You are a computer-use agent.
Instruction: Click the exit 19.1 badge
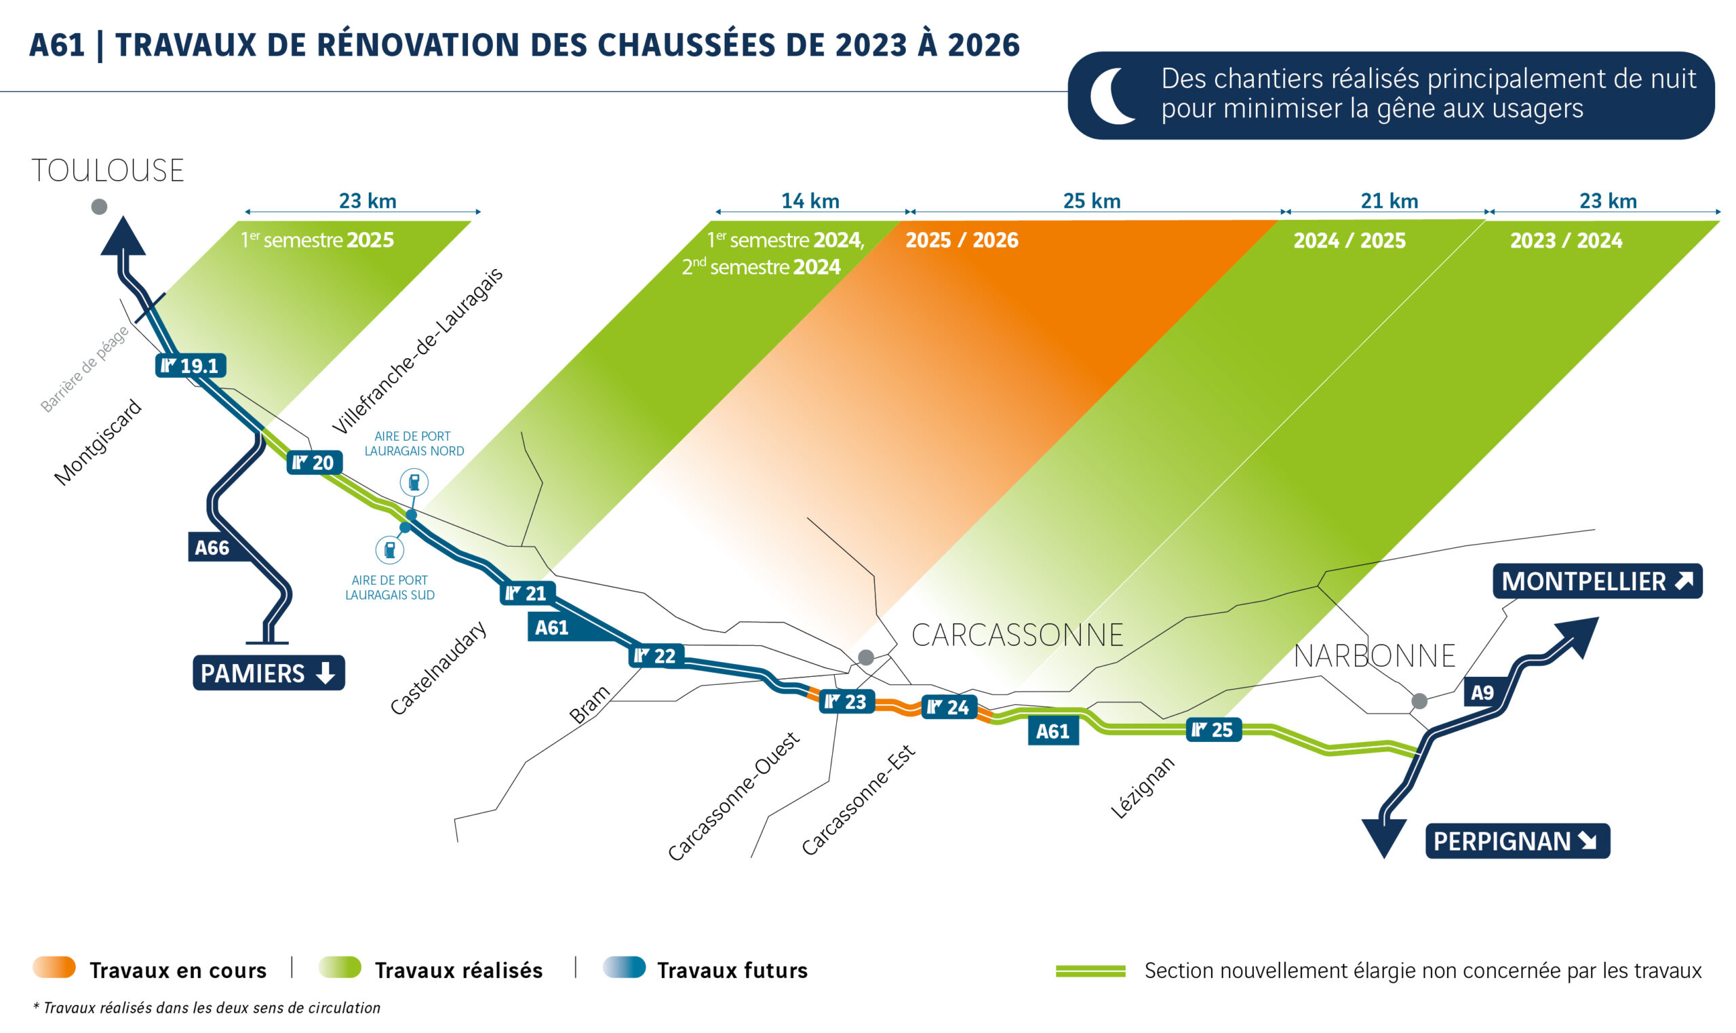pyautogui.click(x=190, y=366)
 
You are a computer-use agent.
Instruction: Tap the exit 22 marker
pyautogui.click(x=656, y=656)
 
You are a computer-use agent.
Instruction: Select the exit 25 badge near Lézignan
pyautogui.click(x=1212, y=730)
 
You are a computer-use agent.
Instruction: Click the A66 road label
pyautogui.click(x=212, y=548)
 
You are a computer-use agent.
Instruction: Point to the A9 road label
pyautogui.click(x=1482, y=693)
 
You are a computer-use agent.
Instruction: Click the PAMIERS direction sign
pyautogui.click(x=268, y=673)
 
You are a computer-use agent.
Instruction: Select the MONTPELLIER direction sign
pyautogui.click(x=1597, y=581)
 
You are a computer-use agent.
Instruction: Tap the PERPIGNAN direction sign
pyautogui.click(x=1517, y=842)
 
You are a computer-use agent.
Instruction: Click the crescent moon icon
pyautogui.click(x=1112, y=96)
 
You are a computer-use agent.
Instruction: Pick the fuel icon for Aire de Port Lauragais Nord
pyautogui.click(x=414, y=482)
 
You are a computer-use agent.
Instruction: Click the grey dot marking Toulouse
pyautogui.click(x=100, y=207)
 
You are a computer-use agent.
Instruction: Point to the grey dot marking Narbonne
pyautogui.click(x=1419, y=701)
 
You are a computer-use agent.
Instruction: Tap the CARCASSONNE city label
pyautogui.click(x=1017, y=636)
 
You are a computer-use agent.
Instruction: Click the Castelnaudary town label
pyautogui.click(x=437, y=668)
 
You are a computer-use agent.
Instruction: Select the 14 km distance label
pyautogui.click(x=810, y=201)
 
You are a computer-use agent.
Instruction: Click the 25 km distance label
pyautogui.click(x=1092, y=201)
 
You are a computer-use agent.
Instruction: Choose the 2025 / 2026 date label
pyautogui.click(x=962, y=240)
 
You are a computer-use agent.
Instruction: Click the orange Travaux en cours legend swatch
pyautogui.click(x=54, y=969)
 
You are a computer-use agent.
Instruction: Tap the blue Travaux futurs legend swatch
pyautogui.click(x=624, y=969)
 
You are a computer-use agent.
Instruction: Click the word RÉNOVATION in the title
pyautogui.click(x=418, y=45)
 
